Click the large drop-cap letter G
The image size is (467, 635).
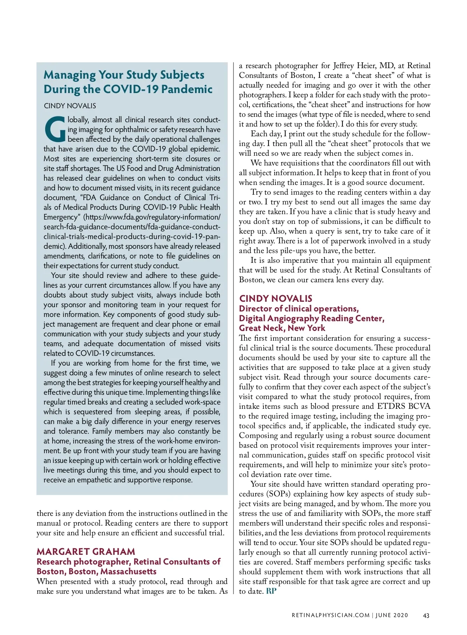coord(55,129)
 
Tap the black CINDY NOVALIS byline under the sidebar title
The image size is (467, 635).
coord(70,106)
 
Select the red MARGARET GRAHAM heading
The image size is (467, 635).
coord(86,551)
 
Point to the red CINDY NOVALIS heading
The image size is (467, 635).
coord(276,299)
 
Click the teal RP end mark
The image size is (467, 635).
coord(271,591)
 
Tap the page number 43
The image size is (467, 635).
coord(426,615)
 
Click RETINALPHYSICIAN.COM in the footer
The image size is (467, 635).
coord(330,615)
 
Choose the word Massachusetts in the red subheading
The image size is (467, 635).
coord(128,571)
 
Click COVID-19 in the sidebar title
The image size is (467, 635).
coord(131,89)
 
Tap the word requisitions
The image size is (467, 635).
coord(294,163)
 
